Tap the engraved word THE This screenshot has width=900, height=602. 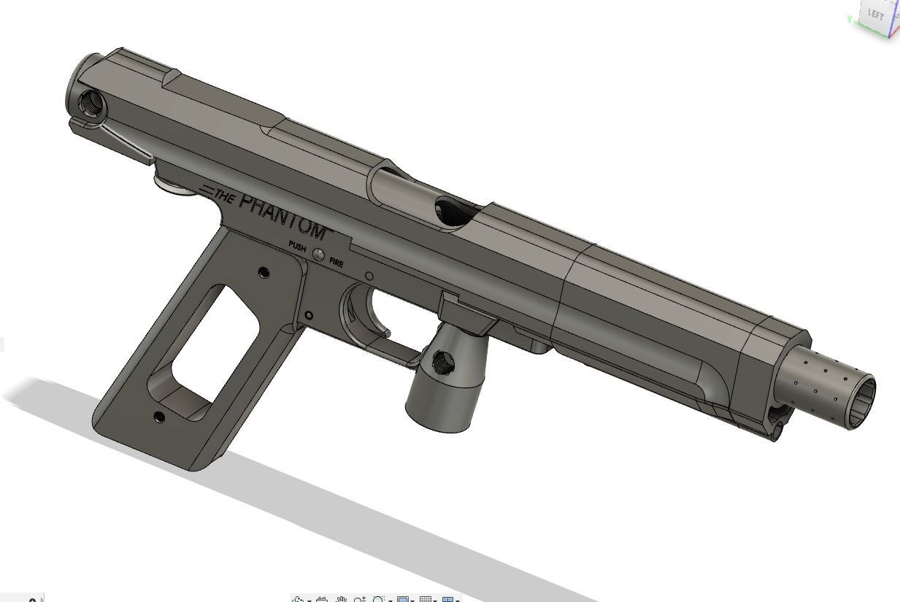click(223, 197)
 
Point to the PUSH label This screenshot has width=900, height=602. click(297, 246)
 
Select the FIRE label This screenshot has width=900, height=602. click(336, 263)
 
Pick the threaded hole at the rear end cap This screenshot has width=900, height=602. click(91, 104)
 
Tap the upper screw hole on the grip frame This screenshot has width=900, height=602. click(264, 273)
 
